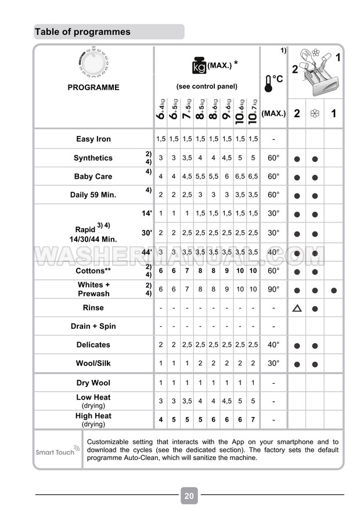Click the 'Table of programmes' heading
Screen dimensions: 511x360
tap(82, 32)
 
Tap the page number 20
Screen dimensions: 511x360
tap(189, 495)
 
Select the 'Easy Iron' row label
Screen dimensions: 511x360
tap(93, 139)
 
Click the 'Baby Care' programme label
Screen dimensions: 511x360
tap(93, 177)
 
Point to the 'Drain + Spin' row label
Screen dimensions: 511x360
tap(93, 326)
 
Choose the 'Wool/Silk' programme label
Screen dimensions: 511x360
tap(93, 364)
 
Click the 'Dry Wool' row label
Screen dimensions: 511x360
tap(93, 383)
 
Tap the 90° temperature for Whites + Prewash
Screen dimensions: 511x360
tap(273, 289)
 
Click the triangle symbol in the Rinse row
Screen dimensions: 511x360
tap(297, 308)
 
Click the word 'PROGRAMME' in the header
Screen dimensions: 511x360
tap(93, 88)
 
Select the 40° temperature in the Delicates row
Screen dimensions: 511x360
tap(273, 345)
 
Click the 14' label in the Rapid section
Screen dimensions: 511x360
tap(146, 214)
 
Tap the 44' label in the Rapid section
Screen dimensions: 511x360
tap(146, 252)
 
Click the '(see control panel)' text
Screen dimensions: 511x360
tap(207, 87)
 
